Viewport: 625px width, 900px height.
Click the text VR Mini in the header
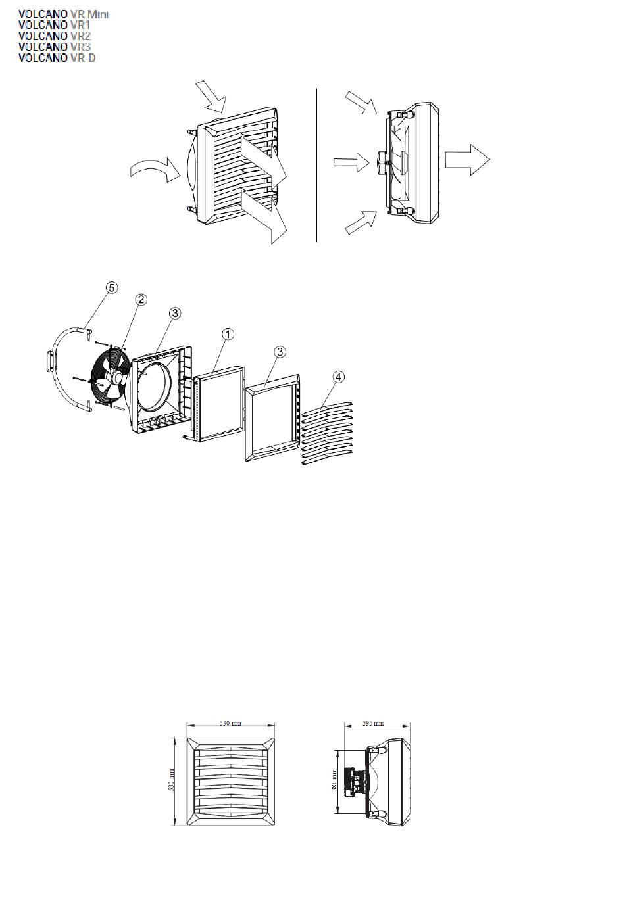point(89,14)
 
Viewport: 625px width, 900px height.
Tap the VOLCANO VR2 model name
point(55,36)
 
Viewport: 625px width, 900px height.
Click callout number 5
point(112,287)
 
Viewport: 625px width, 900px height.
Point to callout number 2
point(141,299)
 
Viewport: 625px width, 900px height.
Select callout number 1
point(226,334)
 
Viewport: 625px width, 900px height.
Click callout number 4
point(338,377)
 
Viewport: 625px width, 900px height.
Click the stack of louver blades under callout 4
point(327,435)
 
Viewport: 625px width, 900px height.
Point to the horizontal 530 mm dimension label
point(230,724)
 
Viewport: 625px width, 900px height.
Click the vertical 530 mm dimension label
point(172,779)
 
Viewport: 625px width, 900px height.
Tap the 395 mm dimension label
point(374,724)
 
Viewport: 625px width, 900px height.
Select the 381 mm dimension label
point(335,780)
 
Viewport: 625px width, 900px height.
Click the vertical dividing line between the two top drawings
point(317,164)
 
